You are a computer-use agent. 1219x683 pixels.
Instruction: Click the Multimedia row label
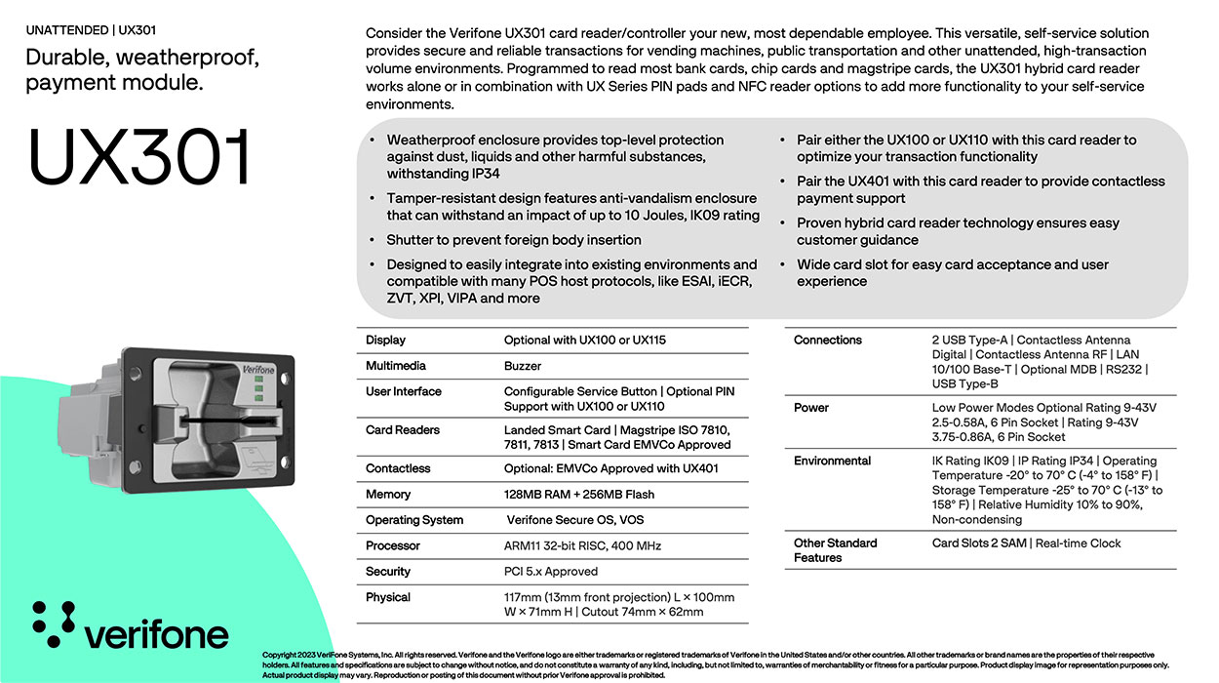pyautogui.click(x=395, y=366)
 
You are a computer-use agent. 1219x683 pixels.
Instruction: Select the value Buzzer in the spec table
pyautogui.click(x=523, y=366)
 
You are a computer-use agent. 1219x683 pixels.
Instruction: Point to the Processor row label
pyautogui.click(x=393, y=545)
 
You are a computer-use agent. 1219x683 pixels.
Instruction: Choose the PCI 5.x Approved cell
pyautogui.click(x=550, y=572)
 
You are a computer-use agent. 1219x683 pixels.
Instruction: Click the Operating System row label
pyautogui.click(x=414, y=520)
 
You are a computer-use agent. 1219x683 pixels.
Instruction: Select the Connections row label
pyautogui.click(x=827, y=341)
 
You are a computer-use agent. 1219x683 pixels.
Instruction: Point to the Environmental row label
pyautogui.click(x=832, y=461)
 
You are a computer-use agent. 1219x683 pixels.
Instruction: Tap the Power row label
pyautogui.click(x=810, y=408)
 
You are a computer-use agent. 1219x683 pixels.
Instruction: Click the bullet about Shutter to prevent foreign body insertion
pyautogui.click(x=514, y=240)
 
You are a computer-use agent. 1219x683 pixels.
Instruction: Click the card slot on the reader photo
pyautogui.click(x=224, y=422)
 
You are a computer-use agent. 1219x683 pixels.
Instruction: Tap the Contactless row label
pyautogui.click(x=398, y=468)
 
